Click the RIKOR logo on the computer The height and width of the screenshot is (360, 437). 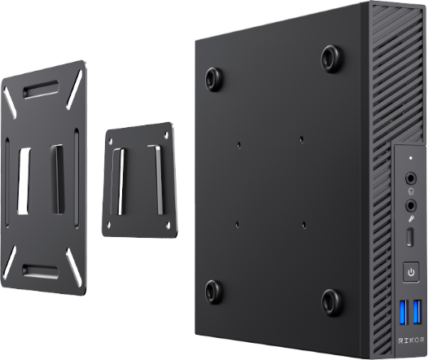click(411, 340)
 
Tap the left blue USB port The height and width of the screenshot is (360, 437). click(404, 312)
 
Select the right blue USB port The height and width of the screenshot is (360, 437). click(417, 311)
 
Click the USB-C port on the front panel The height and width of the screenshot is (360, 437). click(409, 237)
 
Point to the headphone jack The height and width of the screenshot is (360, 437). click(410, 178)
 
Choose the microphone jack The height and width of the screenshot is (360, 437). click(410, 206)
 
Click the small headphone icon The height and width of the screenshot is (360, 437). click(411, 191)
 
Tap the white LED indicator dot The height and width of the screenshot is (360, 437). click(410, 158)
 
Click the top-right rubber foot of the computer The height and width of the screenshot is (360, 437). click(331, 59)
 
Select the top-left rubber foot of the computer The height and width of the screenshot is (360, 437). click(213, 79)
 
